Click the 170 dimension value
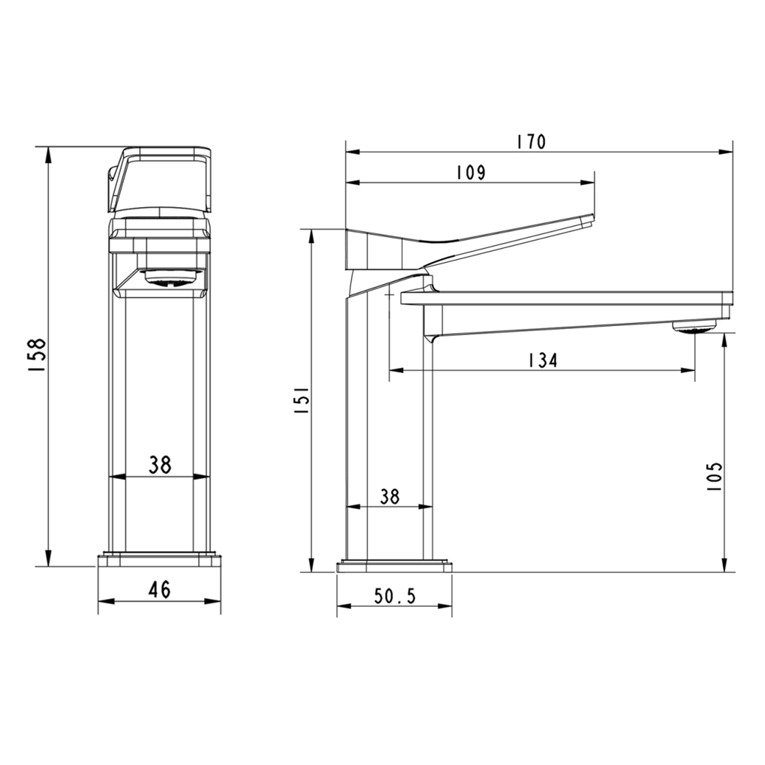point(531,142)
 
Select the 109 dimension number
point(470,172)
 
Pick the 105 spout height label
point(715,476)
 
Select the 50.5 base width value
point(395,596)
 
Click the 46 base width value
point(159,590)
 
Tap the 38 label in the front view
point(160,465)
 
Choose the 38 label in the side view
point(390,496)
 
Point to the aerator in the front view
point(171,278)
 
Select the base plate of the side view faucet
point(394,567)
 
